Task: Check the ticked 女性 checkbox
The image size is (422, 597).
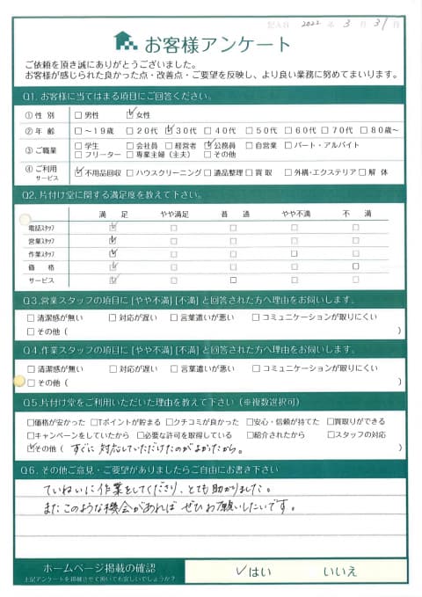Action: [x=132, y=113]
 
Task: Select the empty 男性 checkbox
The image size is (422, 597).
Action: [x=79, y=114]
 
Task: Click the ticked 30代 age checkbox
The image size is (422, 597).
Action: [x=170, y=130]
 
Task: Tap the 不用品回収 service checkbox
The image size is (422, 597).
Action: [x=79, y=172]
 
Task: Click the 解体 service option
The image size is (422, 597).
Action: [x=387, y=172]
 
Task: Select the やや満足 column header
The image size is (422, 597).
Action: [x=172, y=214]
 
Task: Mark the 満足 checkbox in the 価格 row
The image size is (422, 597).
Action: [x=112, y=266]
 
